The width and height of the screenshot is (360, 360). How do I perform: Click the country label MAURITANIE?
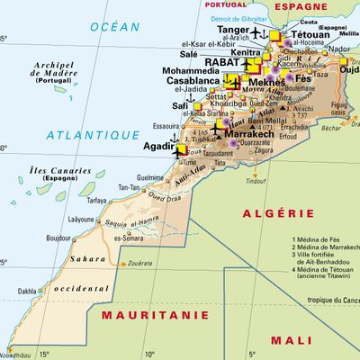tap(148, 315)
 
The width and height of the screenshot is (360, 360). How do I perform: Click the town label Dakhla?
tap(28, 291)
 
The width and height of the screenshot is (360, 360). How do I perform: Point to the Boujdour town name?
tap(58, 238)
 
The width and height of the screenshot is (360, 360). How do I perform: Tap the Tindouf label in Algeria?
tap(257, 181)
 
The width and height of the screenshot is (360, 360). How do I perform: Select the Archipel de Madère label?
tap(53, 70)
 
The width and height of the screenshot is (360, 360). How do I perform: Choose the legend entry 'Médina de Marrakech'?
tap(325, 248)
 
